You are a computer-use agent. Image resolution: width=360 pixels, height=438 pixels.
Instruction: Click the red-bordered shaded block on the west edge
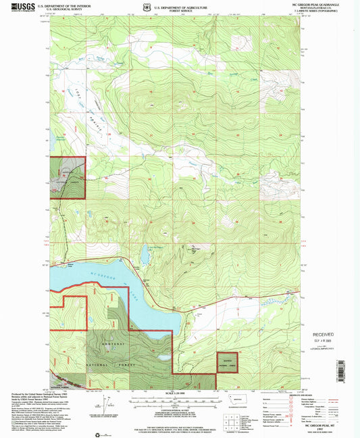pos(68,177)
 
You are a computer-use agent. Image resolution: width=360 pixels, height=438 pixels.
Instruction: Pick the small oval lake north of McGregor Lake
pos(144,255)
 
